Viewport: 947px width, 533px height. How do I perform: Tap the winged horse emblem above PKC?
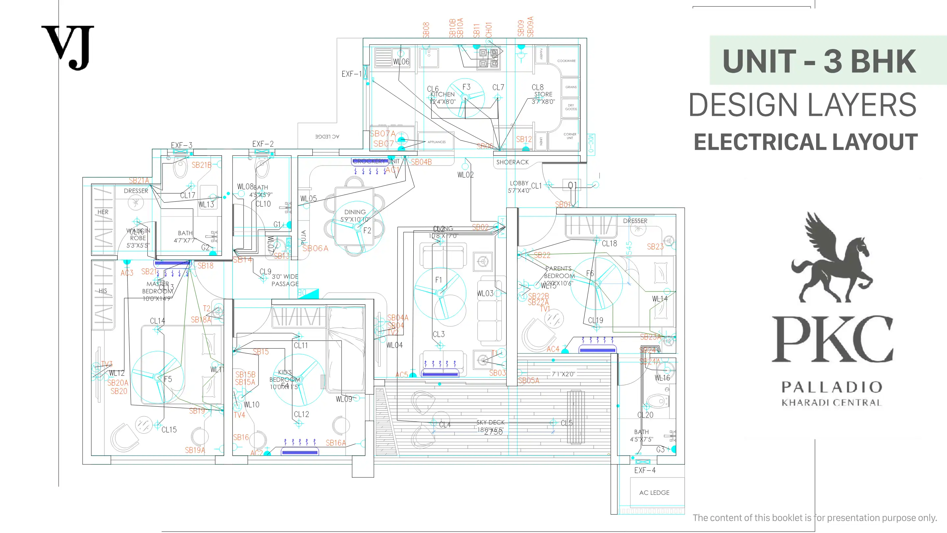(x=832, y=258)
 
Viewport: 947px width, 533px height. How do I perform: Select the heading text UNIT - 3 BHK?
(x=819, y=61)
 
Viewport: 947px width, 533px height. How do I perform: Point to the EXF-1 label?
(x=352, y=74)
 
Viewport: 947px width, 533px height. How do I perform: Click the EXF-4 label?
(x=644, y=470)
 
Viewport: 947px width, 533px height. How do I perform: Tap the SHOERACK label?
(x=512, y=162)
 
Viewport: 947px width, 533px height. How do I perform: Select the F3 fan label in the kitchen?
(x=466, y=87)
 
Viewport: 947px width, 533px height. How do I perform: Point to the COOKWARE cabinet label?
(x=566, y=61)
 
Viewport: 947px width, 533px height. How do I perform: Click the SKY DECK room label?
(x=490, y=422)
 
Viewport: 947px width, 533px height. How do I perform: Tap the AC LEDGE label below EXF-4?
(x=654, y=493)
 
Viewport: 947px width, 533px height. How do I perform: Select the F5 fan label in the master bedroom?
(x=168, y=379)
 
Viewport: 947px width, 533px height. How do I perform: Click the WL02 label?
(x=465, y=175)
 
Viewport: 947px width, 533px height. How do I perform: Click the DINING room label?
(x=355, y=212)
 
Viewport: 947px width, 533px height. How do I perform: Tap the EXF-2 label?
(x=263, y=144)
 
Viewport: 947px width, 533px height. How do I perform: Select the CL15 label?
(x=169, y=430)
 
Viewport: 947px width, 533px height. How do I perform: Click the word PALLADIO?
(x=832, y=387)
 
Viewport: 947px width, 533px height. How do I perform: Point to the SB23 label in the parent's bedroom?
(x=655, y=246)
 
